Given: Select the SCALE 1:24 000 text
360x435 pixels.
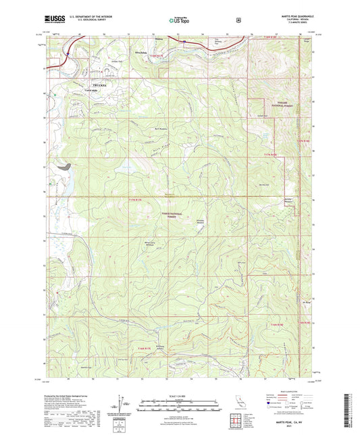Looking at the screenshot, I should coord(179,394).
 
